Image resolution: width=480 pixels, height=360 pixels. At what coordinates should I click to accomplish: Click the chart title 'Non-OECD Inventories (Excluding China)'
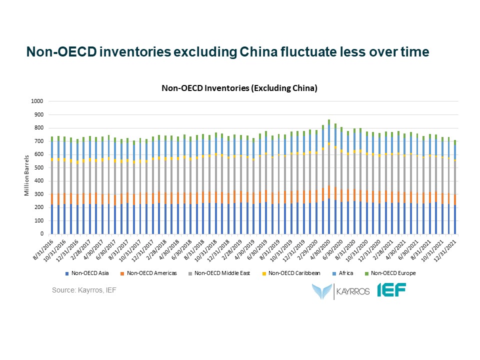(x=239, y=88)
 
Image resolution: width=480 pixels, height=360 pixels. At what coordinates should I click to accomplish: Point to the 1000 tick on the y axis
(x=38, y=101)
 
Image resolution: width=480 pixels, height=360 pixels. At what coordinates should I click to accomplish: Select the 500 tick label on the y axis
(x=39, y=167)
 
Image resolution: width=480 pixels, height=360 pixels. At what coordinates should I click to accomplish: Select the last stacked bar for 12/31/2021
(x=455, y=190)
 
